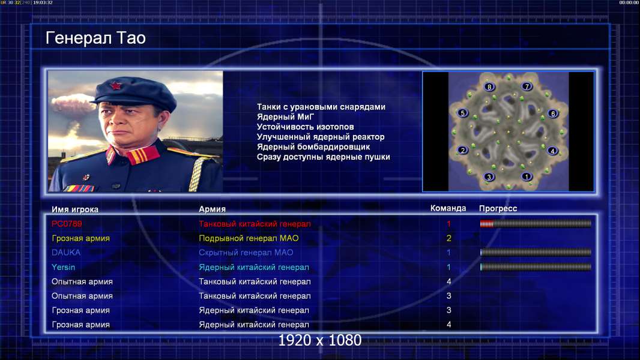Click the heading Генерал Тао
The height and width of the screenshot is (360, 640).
(x=95, y=38)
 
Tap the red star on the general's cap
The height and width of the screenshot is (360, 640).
(x=116, y=86)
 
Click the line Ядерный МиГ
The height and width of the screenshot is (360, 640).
(x=285, y=117)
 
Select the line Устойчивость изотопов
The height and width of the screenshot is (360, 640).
(x=306, y=127)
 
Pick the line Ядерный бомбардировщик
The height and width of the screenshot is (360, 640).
(x=313, y=147)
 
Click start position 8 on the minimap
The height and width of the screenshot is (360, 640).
(x=489, y=87)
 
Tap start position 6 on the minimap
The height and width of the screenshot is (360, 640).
(x=553, y=113)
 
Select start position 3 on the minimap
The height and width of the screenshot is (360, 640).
(x=489, y=177)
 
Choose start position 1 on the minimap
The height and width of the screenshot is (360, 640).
(x=526, y=176)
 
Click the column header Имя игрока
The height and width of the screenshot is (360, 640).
(x=75, y=209)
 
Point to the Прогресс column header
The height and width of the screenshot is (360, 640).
(x=498, y=209)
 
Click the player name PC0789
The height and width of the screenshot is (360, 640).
(x=67, y=224)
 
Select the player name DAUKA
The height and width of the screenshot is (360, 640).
(x=66, y=253)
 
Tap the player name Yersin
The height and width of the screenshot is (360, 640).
(x=63, y=267)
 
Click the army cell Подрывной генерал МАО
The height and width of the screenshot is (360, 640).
(x=249, y=238)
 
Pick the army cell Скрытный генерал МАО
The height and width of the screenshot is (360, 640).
(x=246, y=253)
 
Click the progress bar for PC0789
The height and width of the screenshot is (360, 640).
(x=536, y=223)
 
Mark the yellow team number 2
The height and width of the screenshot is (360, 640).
(x=448, y=238)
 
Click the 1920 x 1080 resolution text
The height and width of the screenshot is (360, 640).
(x=319, y=340)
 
